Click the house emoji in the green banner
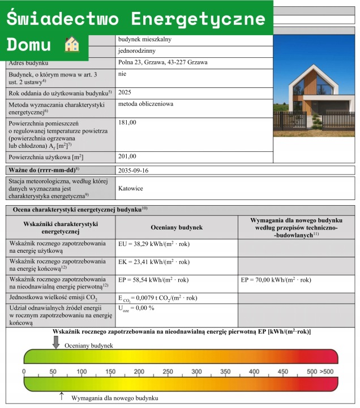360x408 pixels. coord(72,44)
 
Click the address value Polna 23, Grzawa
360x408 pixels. coord(163,62)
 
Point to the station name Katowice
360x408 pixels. coord(131,188)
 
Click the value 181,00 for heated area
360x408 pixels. coord(127,122)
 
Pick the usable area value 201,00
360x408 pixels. coord(127,156)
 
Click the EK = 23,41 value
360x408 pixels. coord(153,263)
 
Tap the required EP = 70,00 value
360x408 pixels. coord(276,280)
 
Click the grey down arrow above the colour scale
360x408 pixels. coord(55,342)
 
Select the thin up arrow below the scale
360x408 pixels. coord(62,397)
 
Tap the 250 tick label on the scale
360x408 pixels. coord(168,372)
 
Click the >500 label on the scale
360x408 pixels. coord(327,372)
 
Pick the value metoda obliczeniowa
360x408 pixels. coord(145,104)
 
